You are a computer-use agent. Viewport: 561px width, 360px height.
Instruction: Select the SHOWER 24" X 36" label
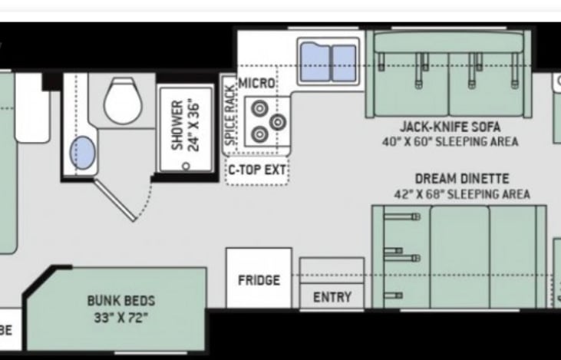pos(185,124)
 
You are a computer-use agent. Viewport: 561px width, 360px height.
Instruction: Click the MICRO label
pos(256,83)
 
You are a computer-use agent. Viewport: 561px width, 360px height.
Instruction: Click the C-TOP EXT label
pos(256,170)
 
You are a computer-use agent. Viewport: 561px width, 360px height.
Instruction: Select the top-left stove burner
pos(260,108)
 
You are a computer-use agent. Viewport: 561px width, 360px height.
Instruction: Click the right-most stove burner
pos(277,121)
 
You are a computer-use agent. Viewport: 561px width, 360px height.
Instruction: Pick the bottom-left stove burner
pos(260,134)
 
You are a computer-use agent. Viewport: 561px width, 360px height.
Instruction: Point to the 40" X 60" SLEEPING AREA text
pos(450,141)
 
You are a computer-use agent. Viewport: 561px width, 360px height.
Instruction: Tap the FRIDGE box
pos(259,279)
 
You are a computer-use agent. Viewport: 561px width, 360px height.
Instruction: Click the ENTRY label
pos(332,297)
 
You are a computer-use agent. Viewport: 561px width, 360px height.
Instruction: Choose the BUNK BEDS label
pos(120,301)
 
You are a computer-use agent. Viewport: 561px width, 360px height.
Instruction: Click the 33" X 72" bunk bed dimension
pos(120,317)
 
